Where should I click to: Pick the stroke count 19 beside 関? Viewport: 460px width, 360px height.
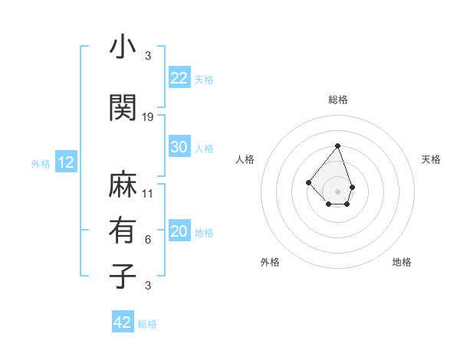(x=148, y=117)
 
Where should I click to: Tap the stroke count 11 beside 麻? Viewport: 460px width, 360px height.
(x=148, y=193)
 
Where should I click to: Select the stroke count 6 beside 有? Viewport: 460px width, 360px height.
(x=148, y=240)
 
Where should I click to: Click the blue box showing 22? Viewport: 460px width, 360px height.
(x=179, y=77)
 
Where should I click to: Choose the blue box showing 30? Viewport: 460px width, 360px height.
(x=179, y=147)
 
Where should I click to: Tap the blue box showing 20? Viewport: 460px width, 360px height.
(x=179, y=231)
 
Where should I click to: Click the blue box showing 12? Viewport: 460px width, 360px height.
(x=65, y=162)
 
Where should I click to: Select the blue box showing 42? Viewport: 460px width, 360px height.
(x=123, y=322)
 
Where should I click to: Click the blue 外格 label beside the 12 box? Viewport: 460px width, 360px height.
(x=40, y=163)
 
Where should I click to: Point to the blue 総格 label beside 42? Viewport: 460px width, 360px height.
(x=147, y=324)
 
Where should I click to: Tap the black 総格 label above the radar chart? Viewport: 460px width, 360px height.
(x=337, y=100)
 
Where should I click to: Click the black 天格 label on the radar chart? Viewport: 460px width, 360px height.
(x=431, y=159)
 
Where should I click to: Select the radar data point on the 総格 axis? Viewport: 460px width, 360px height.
(x=337, y=146)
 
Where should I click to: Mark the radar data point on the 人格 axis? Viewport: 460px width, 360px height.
(x=308, y=182)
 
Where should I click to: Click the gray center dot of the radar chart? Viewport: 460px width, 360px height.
(x=337, y=191)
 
